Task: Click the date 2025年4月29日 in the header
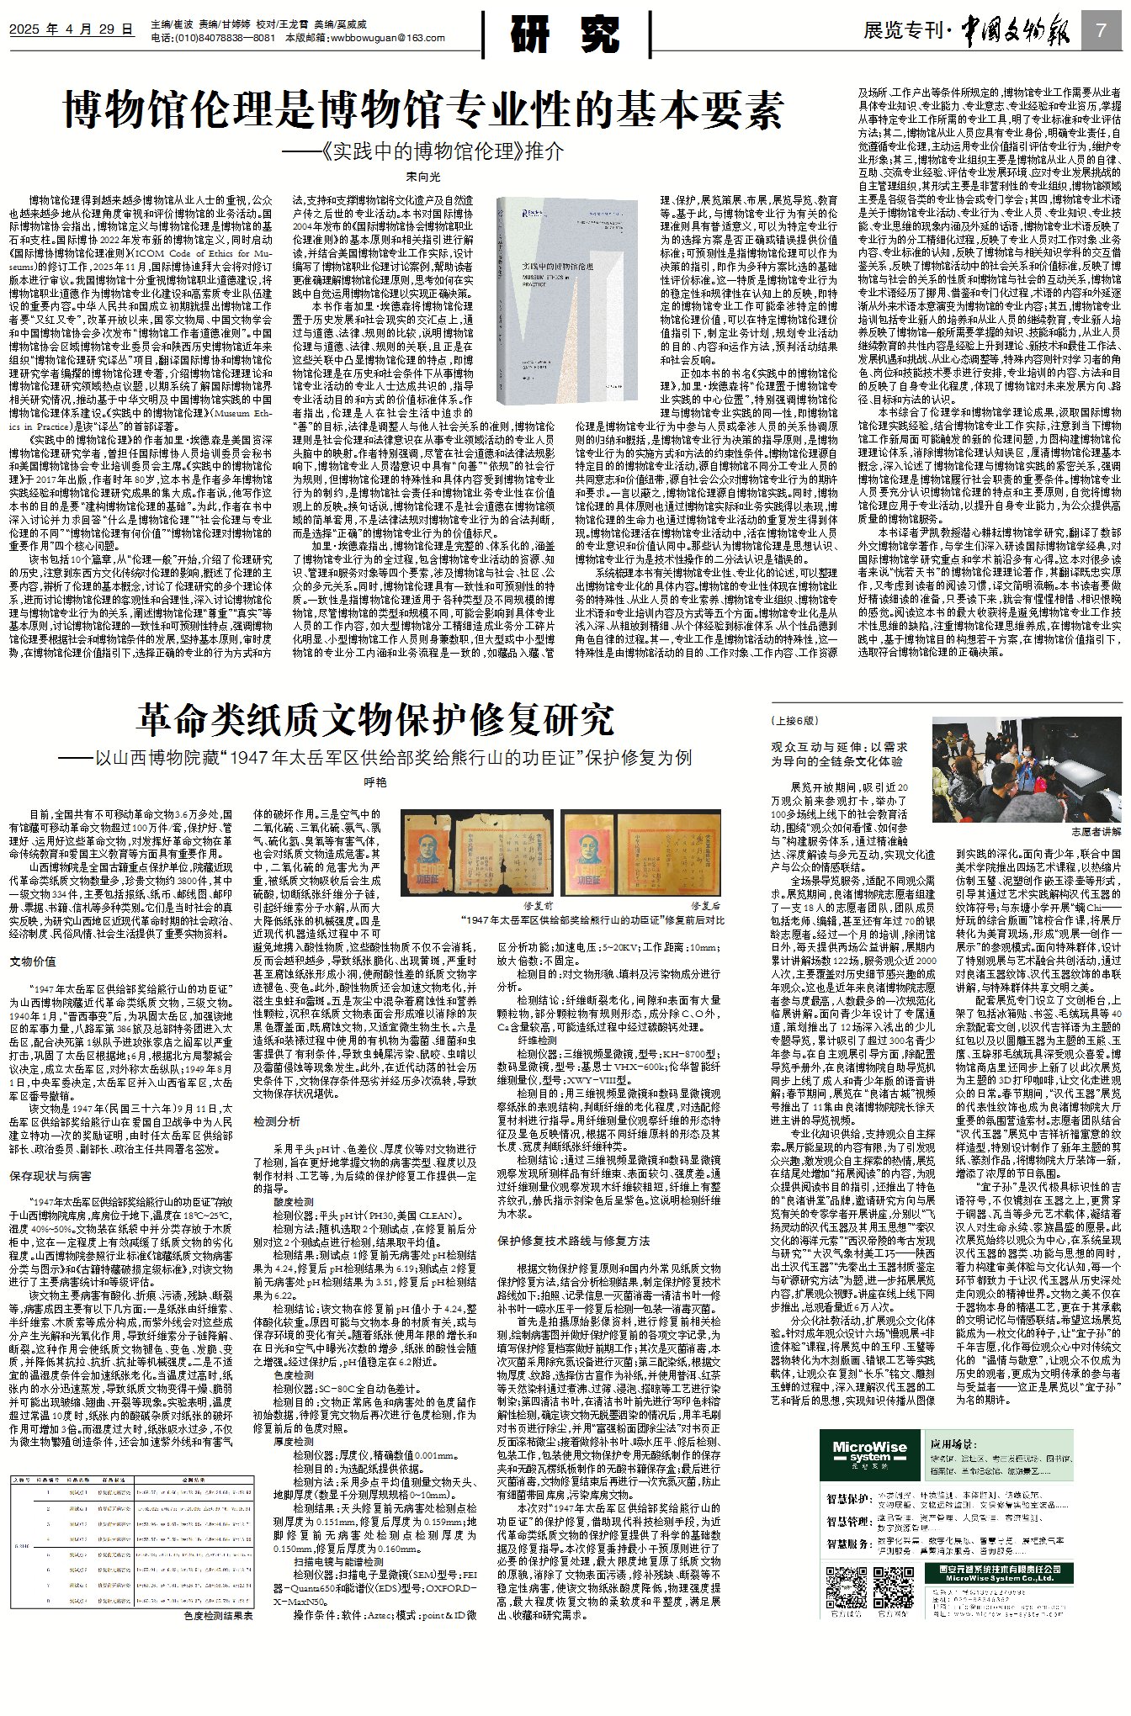pyautogui.click(x=72, y=29)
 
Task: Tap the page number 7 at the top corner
pyautogui.click(x=1101, y=29)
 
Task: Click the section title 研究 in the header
pyautogui.click(x=565, y=34)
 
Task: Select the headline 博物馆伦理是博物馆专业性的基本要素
pyautogui.click(x=424, y=110)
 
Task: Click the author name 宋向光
pyautogui.click(x=423, y=177)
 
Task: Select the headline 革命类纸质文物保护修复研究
pyautogui.click(x=376, y=720)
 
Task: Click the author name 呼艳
pyautogui.click(x=374, y=782)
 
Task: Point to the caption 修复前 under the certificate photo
pyautogui.click(x=539, y=906)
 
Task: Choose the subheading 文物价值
pyautogui.click(x=33, y=961)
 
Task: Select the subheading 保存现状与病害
pyautogui.click(x=50, y=1176)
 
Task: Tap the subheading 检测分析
pyautogui.click(x=277, y=1121)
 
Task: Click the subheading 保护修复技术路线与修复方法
pyautogui.click(x=573, y=1240)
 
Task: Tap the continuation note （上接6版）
pyautogui.click(x=794, y=721)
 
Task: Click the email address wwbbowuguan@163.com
pyautogui.click(x=388, y=38)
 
